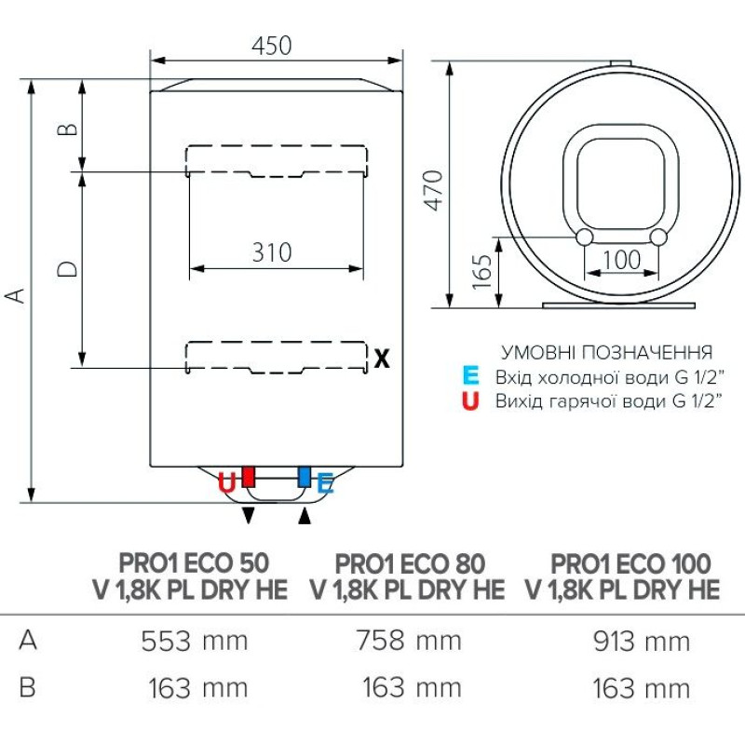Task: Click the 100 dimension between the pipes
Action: click(x=622, y=260)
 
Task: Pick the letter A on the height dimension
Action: click(x=15, y=295)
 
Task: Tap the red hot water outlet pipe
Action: click(x=249, y=477)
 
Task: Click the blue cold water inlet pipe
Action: click(x=305, y=477)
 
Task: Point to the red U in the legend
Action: click(x=471, y=401)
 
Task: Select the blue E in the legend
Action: click(x=471, y=377)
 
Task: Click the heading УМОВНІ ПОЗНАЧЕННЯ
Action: click(x=607, y=353)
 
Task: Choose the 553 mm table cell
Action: click(x=195, y=641)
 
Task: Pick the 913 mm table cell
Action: click(x=641, y=641)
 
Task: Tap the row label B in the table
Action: click(x=27, y=688)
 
